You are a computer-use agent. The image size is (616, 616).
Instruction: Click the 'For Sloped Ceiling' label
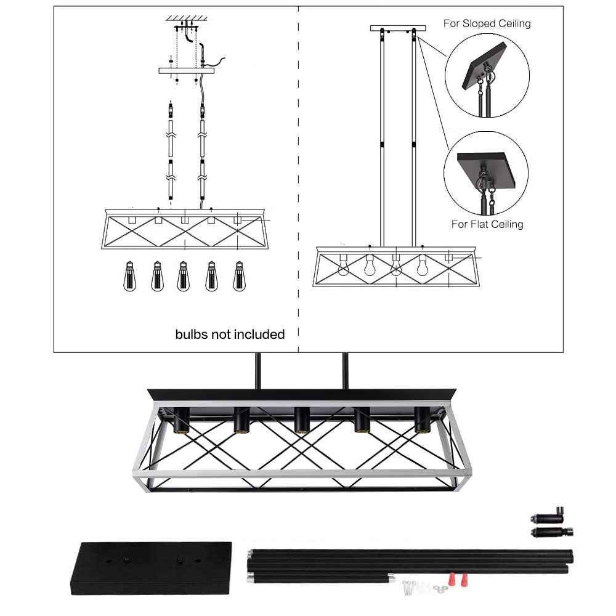487,24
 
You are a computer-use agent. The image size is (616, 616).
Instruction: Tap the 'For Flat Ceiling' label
487,224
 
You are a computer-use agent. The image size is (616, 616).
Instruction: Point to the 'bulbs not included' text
230,334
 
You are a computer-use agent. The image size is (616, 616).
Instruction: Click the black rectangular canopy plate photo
151,567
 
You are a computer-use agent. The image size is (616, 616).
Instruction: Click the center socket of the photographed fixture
301,421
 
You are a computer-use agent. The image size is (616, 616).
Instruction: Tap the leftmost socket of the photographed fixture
181,421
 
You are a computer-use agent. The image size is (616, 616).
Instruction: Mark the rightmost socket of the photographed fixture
423,421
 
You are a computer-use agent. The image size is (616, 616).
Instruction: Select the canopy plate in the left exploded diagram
187,70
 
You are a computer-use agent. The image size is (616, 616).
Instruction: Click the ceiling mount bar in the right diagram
398,28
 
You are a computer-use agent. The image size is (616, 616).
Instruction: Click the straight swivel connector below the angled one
551,532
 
